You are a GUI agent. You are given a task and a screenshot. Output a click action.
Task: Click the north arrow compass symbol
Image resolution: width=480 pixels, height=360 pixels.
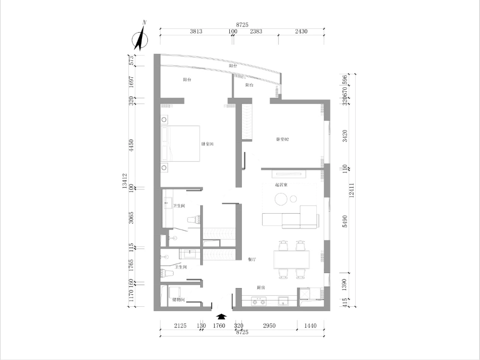point(141,37)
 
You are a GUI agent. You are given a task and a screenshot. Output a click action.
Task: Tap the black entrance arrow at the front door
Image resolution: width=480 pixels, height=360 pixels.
point(221,316)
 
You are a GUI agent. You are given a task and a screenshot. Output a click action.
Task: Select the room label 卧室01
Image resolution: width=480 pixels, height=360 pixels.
point(207,144)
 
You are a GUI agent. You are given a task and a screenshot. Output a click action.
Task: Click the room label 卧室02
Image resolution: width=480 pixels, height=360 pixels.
point(283,139)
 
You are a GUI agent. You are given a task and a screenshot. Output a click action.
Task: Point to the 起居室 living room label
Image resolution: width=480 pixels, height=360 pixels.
point(281,185)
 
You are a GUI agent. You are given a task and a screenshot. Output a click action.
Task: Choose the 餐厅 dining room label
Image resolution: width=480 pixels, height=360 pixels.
point(252,259)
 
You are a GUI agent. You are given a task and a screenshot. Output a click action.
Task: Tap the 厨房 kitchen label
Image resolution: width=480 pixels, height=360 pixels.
point(261,288)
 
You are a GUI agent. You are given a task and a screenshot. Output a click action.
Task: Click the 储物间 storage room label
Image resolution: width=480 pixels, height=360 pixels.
point(178,300)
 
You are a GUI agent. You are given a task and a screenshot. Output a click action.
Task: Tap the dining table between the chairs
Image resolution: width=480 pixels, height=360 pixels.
point(292,259)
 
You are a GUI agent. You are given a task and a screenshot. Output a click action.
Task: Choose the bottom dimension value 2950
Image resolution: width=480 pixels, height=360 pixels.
point(269,326)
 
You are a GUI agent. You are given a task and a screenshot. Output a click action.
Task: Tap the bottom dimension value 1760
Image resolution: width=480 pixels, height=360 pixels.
point(218,326)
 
